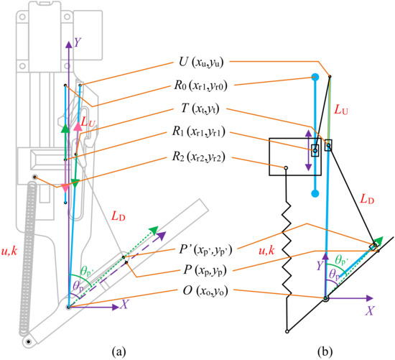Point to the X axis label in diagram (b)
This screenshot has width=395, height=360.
click(370, 312)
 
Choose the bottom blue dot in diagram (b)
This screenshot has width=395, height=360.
click(315, 194)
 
